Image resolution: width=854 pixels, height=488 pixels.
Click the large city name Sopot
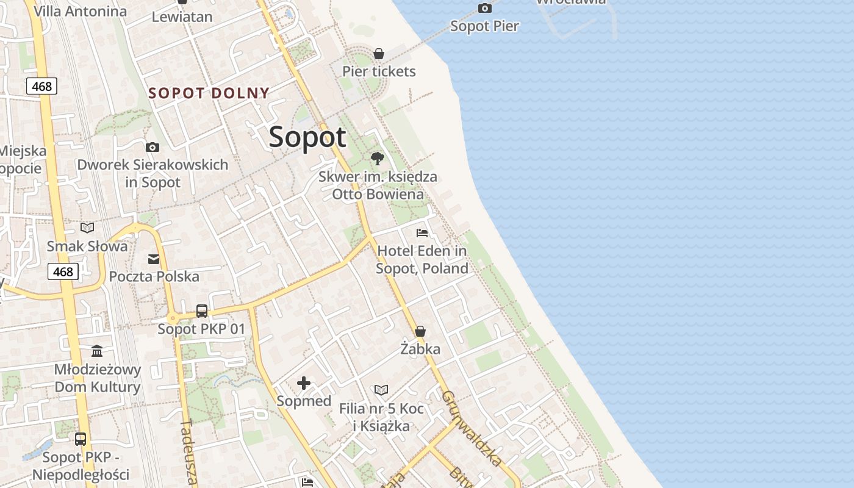point(307,137)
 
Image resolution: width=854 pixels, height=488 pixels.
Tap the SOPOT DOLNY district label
point(209,93)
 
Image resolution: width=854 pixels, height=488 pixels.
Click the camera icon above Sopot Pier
point(485,8)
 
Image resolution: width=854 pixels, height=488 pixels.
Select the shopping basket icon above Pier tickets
point(379,54)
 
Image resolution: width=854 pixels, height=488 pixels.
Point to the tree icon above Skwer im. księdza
point(378,159)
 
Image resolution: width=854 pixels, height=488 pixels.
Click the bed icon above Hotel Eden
point(422,232)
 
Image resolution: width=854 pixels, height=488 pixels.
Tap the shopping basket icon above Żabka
point(420,332)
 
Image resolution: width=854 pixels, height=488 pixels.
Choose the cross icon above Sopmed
point(304,383)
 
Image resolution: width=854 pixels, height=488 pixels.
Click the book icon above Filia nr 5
point(381,390)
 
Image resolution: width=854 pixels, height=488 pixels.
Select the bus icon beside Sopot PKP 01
point(202,311)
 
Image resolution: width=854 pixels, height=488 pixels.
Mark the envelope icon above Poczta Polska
point(154,259)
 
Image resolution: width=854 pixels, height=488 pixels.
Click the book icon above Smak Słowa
point(87,228)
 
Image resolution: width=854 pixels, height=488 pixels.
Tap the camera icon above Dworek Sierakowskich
point(152,147)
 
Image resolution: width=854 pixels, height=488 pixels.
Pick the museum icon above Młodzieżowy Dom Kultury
point(97,351)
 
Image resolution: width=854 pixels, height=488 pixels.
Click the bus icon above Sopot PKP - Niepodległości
point(81,439)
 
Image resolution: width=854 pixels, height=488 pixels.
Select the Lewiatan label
point(182,17)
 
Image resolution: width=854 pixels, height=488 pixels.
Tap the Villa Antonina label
point(80,11)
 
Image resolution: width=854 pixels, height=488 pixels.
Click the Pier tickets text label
point(379,71)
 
